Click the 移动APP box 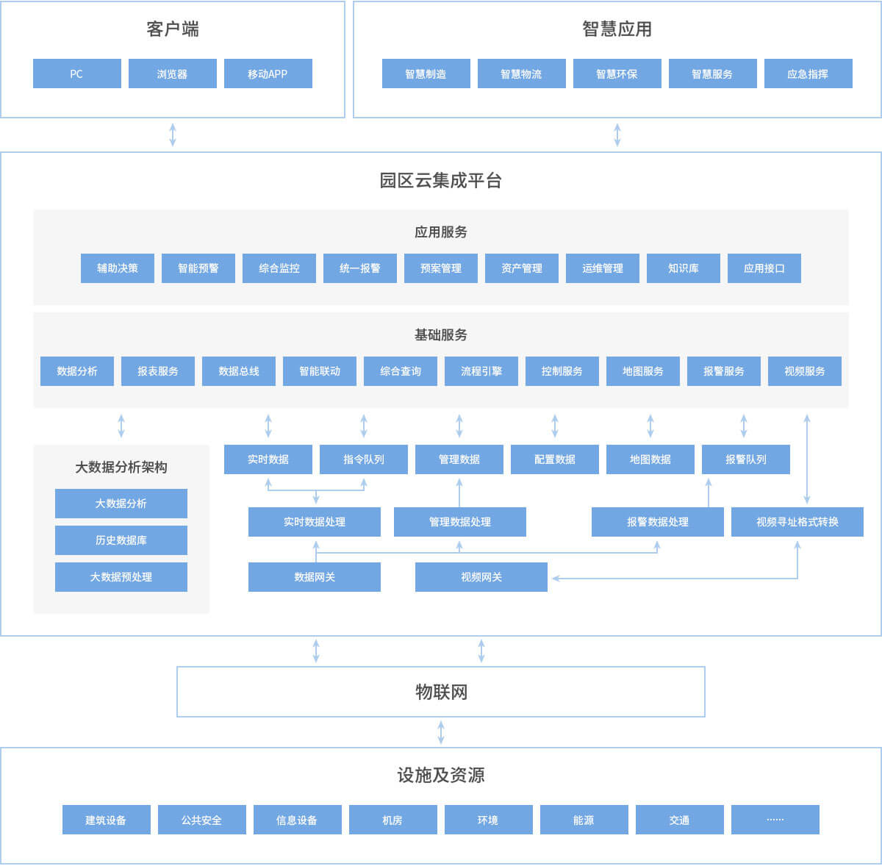268,74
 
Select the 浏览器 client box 173,74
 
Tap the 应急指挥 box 808,74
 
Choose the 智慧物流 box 521,74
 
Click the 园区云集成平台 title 441,180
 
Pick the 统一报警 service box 359,268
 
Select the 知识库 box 683,268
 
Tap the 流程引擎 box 481,371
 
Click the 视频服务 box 804,371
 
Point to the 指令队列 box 363,459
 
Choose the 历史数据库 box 121,540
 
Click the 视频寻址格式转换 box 797,522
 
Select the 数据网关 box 314,576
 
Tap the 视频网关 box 481,576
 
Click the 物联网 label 441,692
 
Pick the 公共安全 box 202,819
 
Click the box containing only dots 775,819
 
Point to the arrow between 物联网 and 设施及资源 441,731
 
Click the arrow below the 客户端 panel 173,135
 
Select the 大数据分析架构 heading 121,467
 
